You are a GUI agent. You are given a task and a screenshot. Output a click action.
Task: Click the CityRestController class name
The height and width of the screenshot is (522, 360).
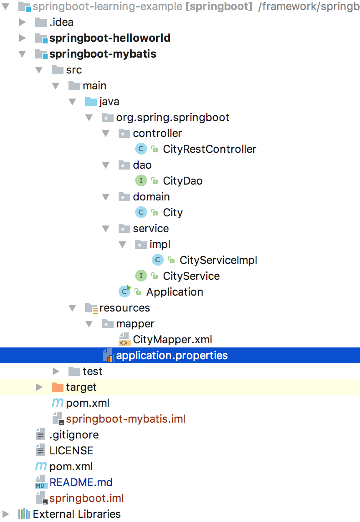209,149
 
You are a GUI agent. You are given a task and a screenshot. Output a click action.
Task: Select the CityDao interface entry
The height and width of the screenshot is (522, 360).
183,181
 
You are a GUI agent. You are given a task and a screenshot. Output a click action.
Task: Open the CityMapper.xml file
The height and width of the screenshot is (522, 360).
172,340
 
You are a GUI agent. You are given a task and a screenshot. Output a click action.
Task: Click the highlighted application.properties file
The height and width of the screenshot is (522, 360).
172,355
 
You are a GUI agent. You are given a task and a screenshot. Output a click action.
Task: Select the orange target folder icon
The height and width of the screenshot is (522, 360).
57,387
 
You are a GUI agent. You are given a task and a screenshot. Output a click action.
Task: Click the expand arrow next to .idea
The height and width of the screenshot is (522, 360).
23,22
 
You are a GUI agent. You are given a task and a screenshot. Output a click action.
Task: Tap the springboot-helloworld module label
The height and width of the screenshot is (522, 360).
110,38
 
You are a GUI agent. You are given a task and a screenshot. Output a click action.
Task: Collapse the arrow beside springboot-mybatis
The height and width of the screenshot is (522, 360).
23,54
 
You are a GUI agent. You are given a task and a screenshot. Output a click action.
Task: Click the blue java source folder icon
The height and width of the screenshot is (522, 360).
91,101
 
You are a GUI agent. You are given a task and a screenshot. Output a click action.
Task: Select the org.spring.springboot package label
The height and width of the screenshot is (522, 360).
172,117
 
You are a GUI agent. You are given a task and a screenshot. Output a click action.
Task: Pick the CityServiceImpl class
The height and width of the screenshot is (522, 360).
218,260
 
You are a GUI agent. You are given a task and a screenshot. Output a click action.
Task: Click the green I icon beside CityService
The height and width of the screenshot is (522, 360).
141,276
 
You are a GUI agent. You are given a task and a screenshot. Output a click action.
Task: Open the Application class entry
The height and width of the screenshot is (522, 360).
175,292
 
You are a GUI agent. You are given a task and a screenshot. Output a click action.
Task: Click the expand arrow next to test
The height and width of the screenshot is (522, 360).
56,371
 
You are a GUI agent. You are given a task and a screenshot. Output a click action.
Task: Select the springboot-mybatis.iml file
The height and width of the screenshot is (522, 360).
125,419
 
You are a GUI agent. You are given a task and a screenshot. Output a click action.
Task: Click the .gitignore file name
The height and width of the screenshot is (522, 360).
74,435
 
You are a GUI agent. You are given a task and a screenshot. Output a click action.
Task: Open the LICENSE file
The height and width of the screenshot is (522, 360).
71,451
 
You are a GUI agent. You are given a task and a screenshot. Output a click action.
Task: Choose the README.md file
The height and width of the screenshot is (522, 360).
81,482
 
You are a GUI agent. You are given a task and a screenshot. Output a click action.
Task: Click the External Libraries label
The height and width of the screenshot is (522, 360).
77,514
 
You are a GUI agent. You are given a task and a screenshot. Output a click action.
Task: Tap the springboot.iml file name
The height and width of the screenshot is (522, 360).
86,498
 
